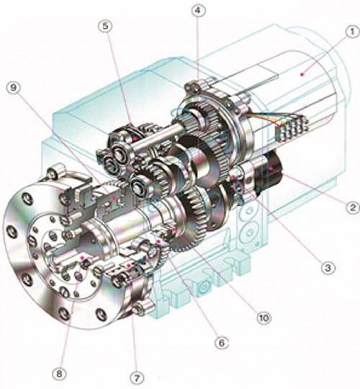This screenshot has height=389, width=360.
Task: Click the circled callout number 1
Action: (x=352, y=32)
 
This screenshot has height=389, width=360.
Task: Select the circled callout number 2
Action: (x=352, y=207)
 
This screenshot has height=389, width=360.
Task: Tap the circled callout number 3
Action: (x=328, y=268)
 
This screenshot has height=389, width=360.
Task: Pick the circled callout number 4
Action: (x=197, y=10)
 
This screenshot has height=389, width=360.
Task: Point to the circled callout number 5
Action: (x=105, y=26)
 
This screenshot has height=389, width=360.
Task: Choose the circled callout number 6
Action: (x=222, y=343)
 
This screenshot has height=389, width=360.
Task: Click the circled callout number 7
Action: (x=137, y=378)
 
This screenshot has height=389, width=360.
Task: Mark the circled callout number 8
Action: (x=60, y=374)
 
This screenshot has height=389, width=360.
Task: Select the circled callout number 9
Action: (x=14, y=88)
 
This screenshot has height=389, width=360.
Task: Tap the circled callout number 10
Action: (x=264, y=318)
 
